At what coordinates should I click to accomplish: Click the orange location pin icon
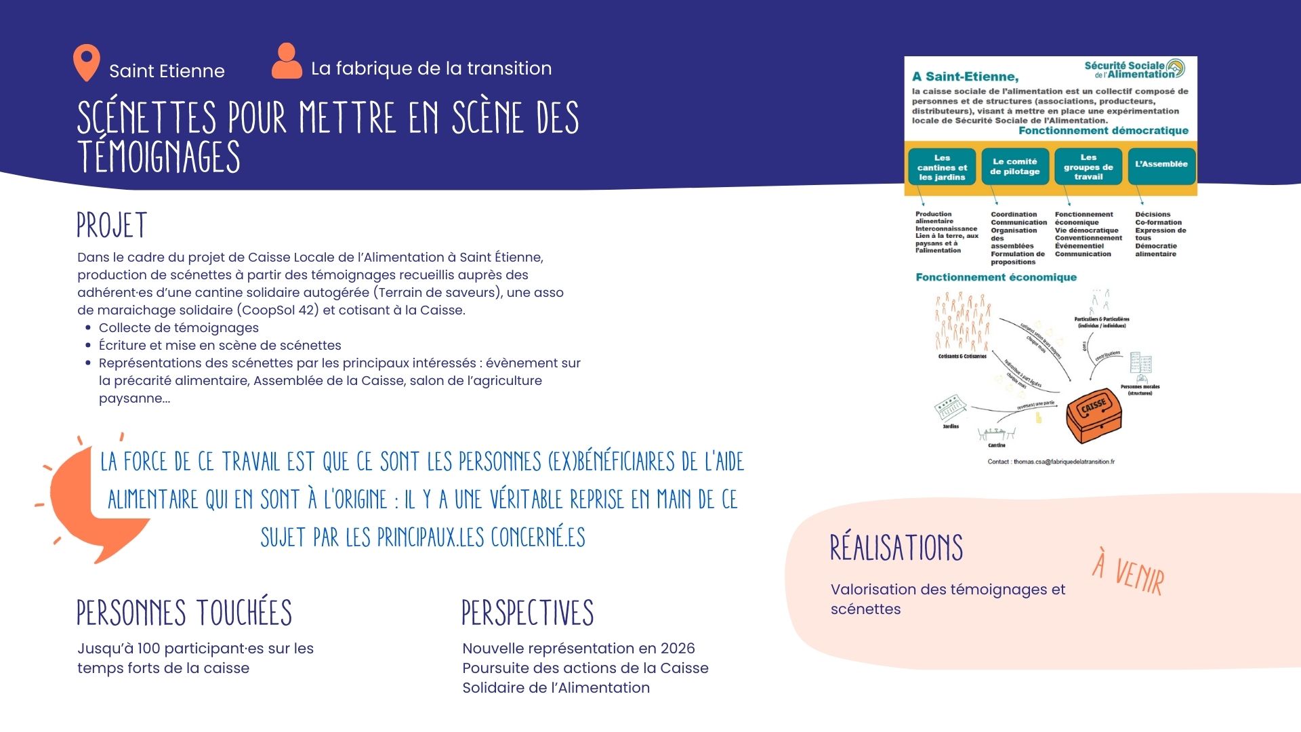(x=86, y=62)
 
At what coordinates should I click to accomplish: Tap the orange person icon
(x=287, y=61)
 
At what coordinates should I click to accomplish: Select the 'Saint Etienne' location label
(x=167, y=71)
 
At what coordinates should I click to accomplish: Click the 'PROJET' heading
(x=112, y=226)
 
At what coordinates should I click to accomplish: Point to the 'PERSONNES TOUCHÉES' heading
(x=184, y=613)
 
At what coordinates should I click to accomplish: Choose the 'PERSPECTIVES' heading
(x=527, y=613)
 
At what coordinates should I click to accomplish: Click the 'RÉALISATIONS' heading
(x=896, y=548)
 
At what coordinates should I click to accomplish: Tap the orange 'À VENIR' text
(x=1129, y=572)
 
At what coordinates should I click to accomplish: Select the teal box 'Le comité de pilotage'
(x=1014, y=167)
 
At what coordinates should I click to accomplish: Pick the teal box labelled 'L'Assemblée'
(x=1161, y=165)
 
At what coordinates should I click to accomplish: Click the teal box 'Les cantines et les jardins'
(x=942, y=167)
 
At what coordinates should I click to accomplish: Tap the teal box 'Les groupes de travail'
(x=1088, y=167)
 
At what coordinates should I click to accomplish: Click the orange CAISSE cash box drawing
(x=1094, y=414)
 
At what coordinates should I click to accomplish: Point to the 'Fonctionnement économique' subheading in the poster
(x=995, y=277)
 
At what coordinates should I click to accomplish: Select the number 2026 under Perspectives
(x=678, y=649)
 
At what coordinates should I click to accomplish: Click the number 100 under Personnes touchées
(x=148, y=649)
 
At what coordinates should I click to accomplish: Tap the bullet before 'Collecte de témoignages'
(x=88, y=328)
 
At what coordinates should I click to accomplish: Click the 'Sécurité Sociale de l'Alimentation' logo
(x=1135, y=70)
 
